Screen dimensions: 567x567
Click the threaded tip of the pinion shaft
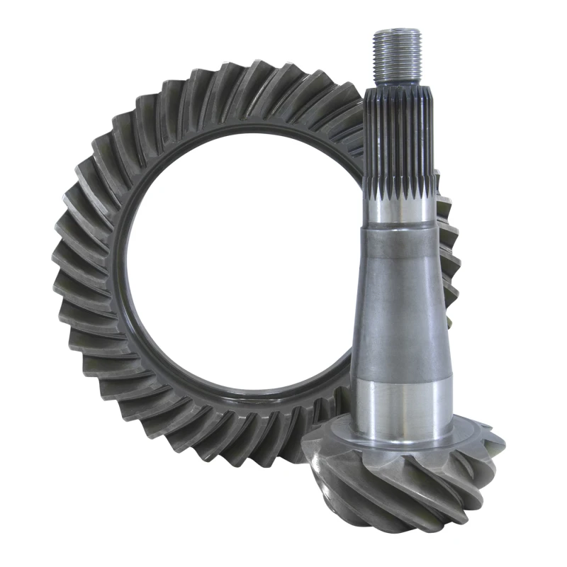tap(396, 54)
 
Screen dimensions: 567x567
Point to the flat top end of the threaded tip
tap(395, 30)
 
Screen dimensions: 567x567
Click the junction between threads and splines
tap(396, 84)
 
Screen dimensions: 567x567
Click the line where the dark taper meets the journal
tap(402, 376)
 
